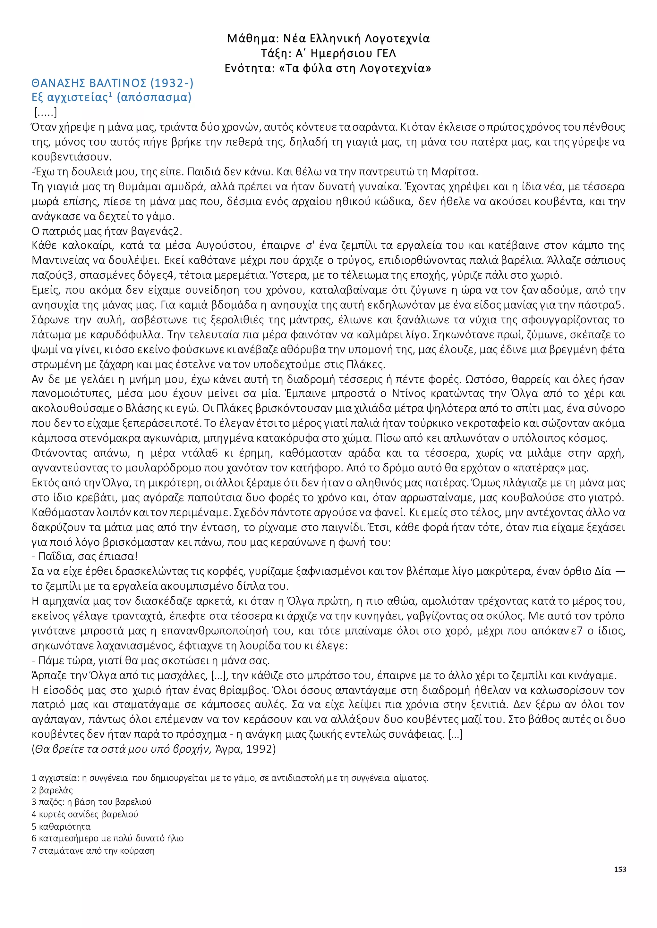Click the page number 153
pos(620,869)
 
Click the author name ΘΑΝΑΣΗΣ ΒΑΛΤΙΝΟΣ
pos(89,83)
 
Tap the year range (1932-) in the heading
pos(172,83)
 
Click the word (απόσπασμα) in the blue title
pos(154,97)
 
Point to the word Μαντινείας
pos(61,260)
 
